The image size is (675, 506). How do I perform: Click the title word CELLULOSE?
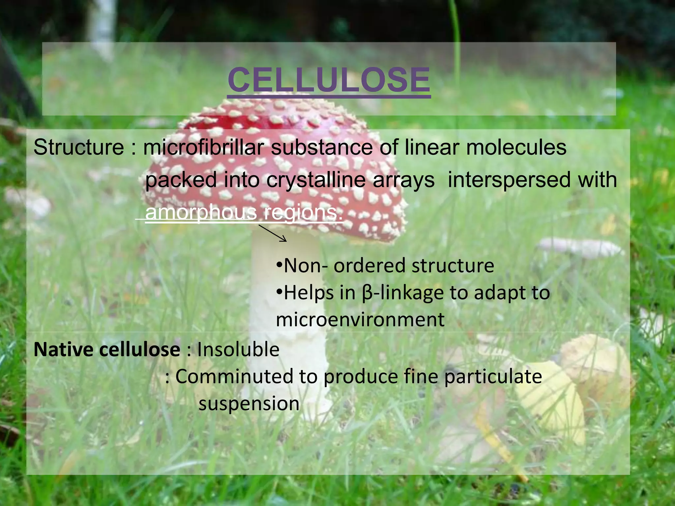[329, 80]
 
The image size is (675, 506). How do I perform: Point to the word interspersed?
[504, 180]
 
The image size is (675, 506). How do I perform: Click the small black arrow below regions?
[273, 233]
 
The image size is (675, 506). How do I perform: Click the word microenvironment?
[360, 320]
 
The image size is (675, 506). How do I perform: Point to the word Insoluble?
[238, 350]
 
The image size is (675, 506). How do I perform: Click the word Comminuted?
[234, 377]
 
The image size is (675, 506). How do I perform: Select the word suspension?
[249, 404]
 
